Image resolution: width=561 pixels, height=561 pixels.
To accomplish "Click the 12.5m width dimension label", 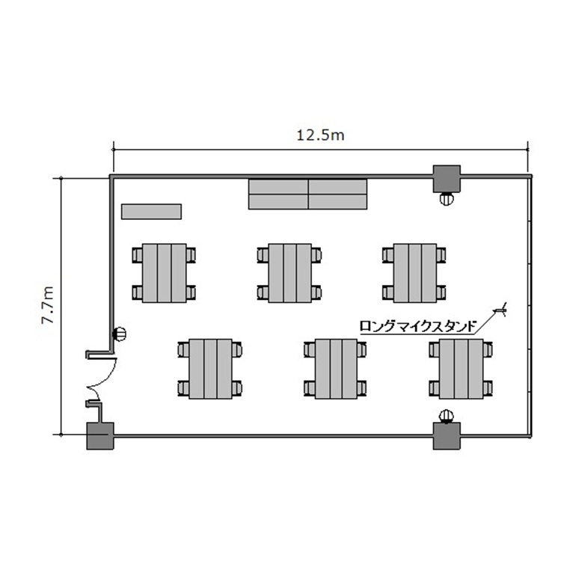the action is coord(321,135).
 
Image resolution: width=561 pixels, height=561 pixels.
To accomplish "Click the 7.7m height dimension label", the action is coord(48,305).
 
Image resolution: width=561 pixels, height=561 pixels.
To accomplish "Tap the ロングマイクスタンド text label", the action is coord(418,326).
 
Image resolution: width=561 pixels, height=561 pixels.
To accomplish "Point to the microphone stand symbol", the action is coord(500,310).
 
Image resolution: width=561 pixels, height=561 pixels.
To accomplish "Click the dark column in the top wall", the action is coord(447,179).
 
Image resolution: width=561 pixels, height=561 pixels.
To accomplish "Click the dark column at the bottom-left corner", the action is coord(100,436).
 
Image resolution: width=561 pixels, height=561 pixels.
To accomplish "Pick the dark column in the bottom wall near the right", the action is coord(447,436).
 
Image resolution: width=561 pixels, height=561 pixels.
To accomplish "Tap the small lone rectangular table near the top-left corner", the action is coord(151,212).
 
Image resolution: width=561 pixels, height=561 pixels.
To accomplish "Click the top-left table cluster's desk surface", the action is coord(165,273).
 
